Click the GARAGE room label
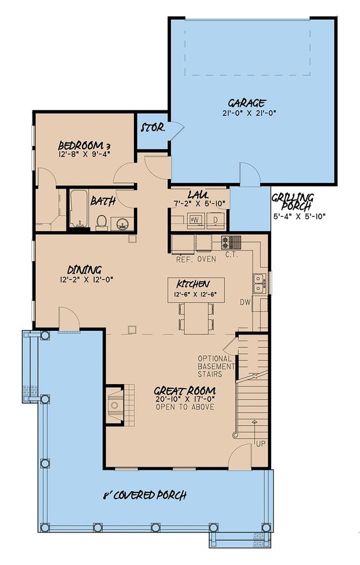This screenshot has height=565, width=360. click(x=247, y=103)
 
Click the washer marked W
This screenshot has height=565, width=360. click(x=195, y=220)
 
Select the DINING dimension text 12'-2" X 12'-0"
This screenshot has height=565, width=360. click(x=86, y=280)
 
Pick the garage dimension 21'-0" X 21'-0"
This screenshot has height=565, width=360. click(x=247, y=113)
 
